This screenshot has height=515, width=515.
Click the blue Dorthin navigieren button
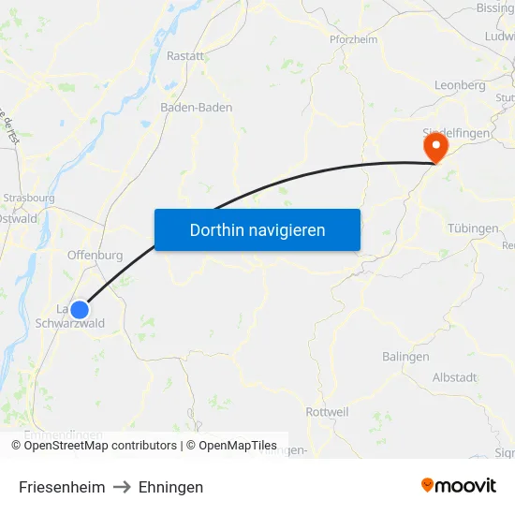pyautogui.click(x=257, y=229)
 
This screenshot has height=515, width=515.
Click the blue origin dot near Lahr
pyautogui.click(x=80, y=309)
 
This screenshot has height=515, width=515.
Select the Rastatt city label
pyautogui.click(x=184, y=56)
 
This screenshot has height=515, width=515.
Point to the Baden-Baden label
pyautogui.click(x=196, y=107)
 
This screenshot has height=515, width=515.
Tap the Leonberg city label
pyautogui.click(x=460, y=85)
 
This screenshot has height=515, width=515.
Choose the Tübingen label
pyautogui.click(x=473, y=228)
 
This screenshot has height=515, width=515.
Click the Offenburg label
pyautogui.click(x=95, y=255)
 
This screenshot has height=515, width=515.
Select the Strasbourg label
pyautogui.click(x=29, y=199)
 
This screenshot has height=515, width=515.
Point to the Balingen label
pyautogui.click(x=405, y=357)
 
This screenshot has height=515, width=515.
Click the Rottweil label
pyautogui.click(x=328, y=412)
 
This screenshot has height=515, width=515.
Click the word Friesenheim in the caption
pyautogui.click(x=62, y=487)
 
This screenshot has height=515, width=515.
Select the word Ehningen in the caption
pyautogui.click(x=170, y=487)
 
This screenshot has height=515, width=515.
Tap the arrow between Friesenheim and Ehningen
pyautogui.click(x=122, y=487)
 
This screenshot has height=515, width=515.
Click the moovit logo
pyautogui.click(x=458, y=486)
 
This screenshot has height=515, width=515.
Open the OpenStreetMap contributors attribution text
pyautogui.click(x=100, y=446)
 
